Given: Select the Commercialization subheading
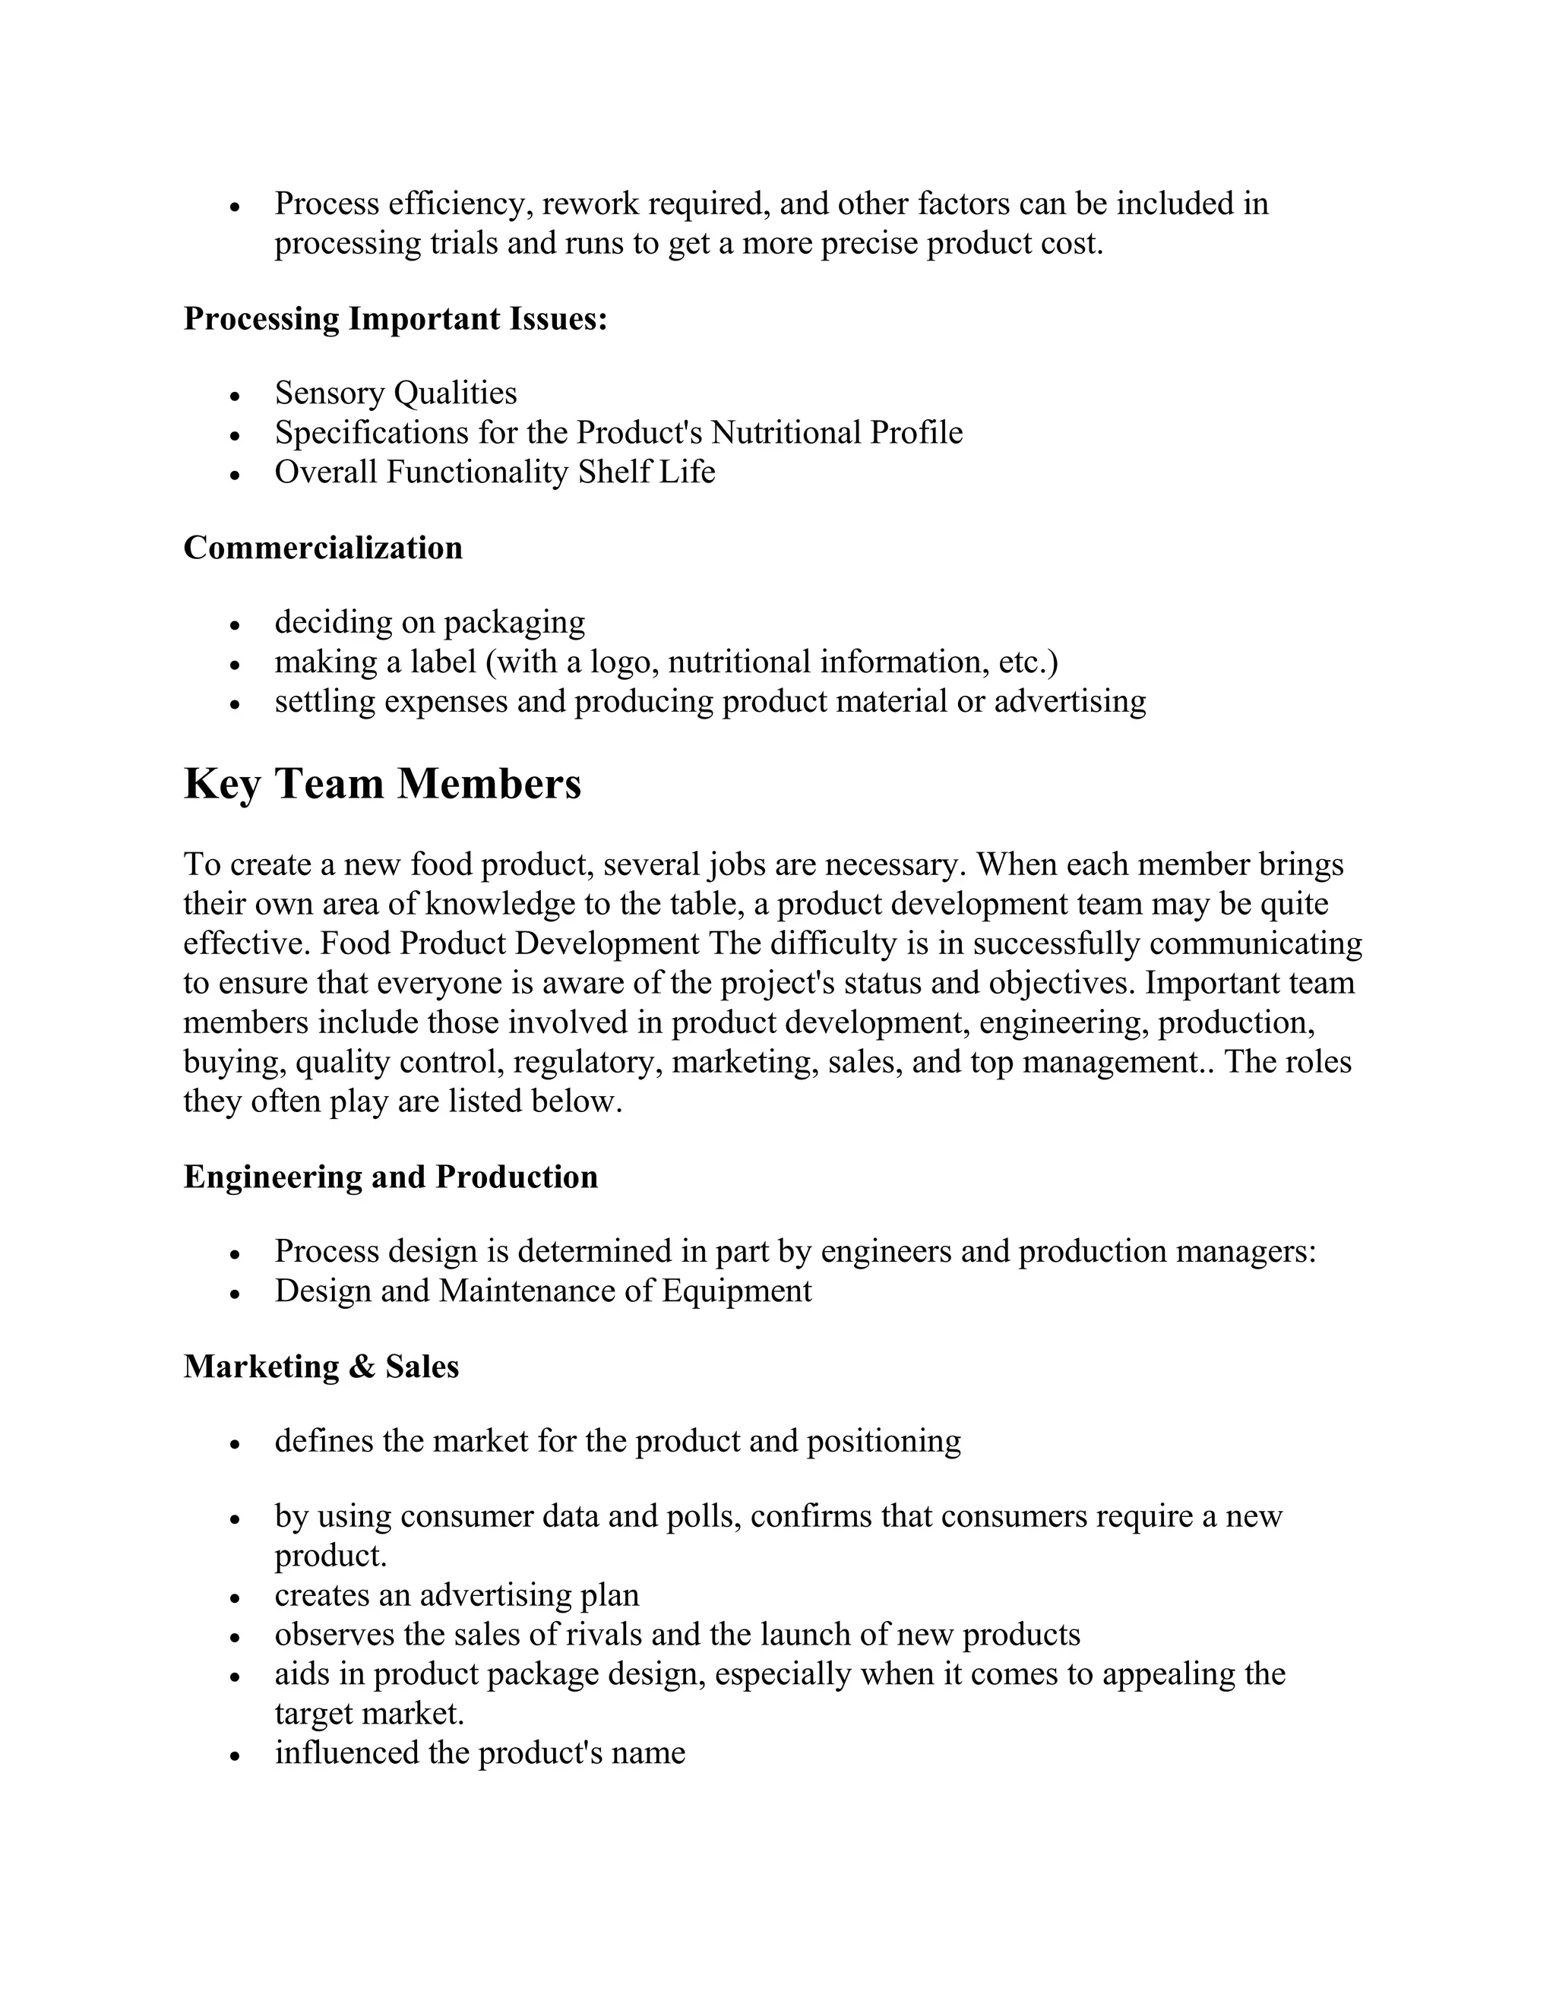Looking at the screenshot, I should point(323,548).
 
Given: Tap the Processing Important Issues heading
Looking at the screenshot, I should point(395,319).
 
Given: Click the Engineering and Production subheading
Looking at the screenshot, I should point(391,1177).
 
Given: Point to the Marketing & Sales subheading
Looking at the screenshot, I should point(321,1366).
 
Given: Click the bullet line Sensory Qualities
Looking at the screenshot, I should point(395,393).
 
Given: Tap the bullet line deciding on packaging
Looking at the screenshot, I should point(429,623).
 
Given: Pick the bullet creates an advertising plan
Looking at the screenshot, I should point(457,1594).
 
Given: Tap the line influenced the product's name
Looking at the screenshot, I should point(479,1752).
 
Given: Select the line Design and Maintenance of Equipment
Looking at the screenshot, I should point(543,1291).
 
